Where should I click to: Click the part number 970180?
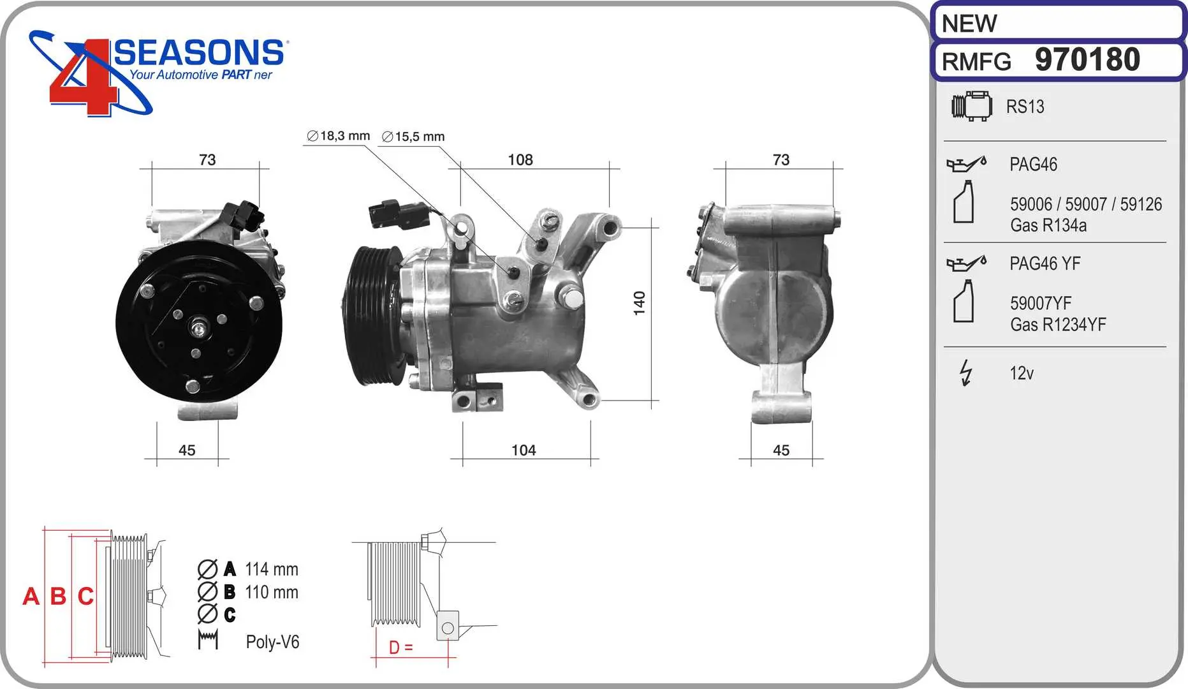(x=1087, y=60)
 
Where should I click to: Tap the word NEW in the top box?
(x=969, y=24)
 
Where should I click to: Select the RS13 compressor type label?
(x=1025, y=107)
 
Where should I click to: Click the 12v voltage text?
(x=1021, y=373)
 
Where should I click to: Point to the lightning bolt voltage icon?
(x=966, y=373)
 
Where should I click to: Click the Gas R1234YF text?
(x=1058, y=325)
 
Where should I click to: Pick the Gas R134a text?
(x=1048, y=225)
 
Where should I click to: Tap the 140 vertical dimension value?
(x=639, y=303)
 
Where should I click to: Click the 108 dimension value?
(x=520, y=159)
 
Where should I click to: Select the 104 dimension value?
(x=524, y=450)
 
